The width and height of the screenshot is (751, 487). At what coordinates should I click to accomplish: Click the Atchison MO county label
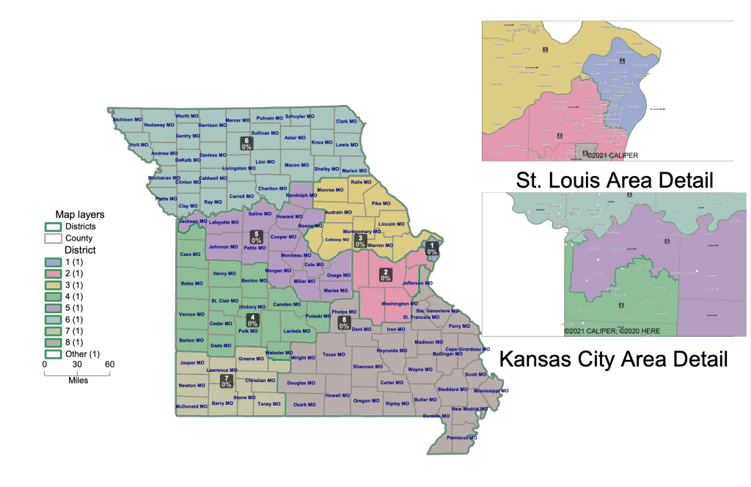click(x=126, y=120)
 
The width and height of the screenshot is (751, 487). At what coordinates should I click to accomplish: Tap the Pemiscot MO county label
click(x=462, y=438)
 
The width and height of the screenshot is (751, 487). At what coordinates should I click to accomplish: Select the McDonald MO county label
click(x=191, y=406)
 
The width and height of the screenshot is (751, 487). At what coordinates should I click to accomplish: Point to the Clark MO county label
click(x=346, y=121)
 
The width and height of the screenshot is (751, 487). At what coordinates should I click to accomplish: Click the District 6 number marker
click(x=247, y=143)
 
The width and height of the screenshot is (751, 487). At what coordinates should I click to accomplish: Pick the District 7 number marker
click(x=227, y=381)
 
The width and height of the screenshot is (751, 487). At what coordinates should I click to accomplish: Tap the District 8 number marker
click(x=343, y=322)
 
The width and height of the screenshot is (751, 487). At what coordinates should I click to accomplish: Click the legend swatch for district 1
click(x=51, y=261)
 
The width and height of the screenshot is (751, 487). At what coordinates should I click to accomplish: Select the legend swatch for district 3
click(x=51, y=285)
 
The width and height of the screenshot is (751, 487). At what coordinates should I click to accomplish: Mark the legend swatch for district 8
click(x=51, y=343)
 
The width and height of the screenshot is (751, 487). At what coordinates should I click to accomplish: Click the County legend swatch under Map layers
click(x=51, y=238)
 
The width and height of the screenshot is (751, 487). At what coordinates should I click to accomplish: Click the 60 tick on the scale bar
click(x=109, y=365)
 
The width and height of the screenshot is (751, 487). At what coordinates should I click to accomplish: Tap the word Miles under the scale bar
click(x=78, y=381)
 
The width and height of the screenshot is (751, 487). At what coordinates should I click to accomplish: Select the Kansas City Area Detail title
click(x=613, y=359)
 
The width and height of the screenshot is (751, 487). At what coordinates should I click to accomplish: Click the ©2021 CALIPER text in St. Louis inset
click(x=611, y=155)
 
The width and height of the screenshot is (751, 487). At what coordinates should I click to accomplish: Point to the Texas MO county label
click(x=334, y=355)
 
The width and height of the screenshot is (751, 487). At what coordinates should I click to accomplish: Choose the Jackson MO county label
click(x=193, y=221)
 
